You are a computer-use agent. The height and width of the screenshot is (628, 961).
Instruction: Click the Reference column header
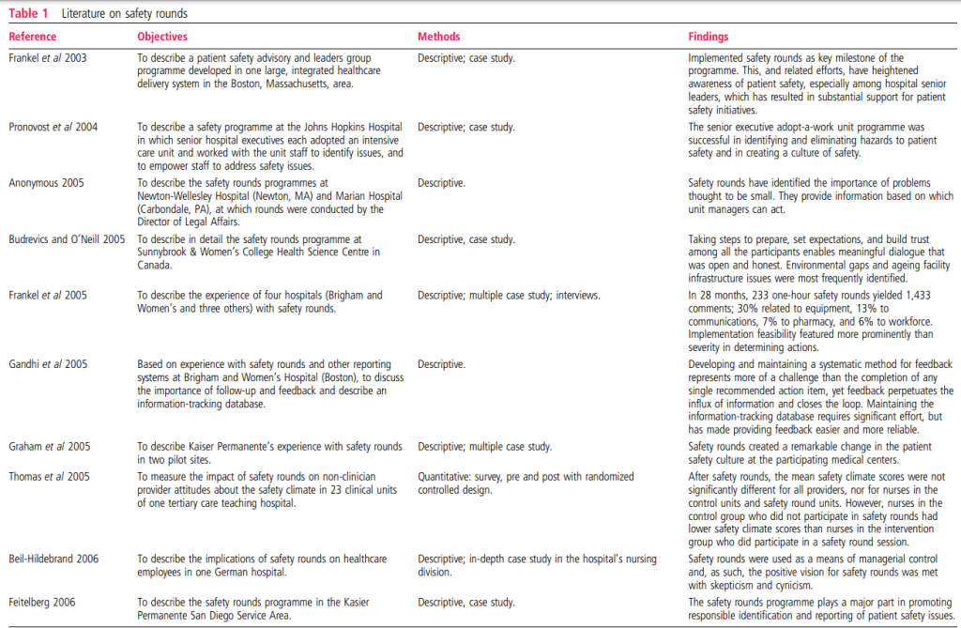tap(33, 37)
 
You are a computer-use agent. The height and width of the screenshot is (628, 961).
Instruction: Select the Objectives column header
tap(162, 37)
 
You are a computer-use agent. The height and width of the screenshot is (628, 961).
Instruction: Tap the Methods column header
tap(438, 37)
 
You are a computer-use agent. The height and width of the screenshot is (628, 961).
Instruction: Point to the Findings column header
tap(709, 37)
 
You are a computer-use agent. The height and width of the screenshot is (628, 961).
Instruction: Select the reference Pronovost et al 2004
tap(53, 127)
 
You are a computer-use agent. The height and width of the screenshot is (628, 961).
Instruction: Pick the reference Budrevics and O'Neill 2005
tap(67, 239)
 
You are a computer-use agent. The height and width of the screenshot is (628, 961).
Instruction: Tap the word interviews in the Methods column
tap(574, 295)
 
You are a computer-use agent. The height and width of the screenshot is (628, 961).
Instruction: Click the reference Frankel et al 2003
tap(49, 58)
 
